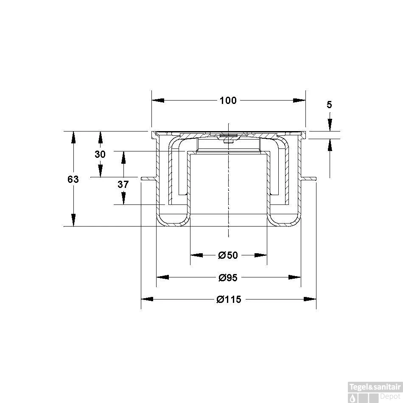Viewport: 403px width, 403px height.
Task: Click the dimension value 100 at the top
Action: (228, 101)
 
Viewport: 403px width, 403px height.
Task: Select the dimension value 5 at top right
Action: (330, 104)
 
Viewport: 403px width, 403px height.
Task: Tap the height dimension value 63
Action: (73, 179)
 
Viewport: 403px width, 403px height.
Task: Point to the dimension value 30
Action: (100, 154)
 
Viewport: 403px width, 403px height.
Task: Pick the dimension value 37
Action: (123, 184)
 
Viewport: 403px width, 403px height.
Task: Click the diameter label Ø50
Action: (228, 255)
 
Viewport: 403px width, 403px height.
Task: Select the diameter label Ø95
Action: (228, 277)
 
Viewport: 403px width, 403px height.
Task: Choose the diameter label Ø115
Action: (229, 299)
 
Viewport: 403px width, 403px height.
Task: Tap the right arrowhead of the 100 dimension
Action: (299, 101)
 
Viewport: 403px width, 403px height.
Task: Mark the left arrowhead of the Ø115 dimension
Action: (147, 299)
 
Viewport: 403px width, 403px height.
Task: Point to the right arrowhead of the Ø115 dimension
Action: (311, 299)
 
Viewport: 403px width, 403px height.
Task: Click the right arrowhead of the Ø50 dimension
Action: (261, 255)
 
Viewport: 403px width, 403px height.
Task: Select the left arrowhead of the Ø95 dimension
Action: (162, 277)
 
